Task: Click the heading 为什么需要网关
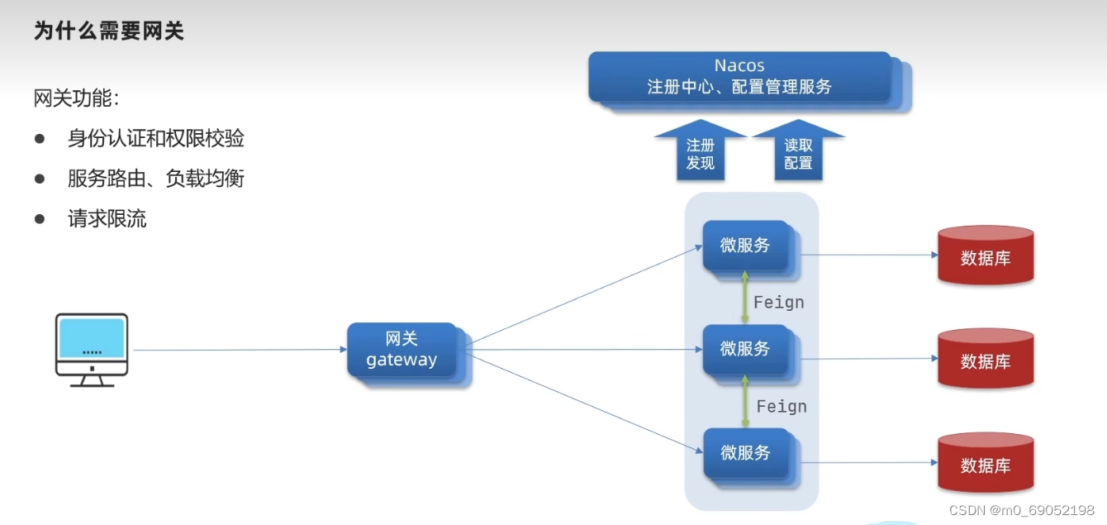108,31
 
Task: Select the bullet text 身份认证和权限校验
156,138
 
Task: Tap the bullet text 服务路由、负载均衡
156,179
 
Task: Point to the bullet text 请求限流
107,219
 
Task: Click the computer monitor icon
92,349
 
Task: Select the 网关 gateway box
402,350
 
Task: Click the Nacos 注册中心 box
740,76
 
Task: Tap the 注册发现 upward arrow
701,152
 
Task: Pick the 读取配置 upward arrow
798,152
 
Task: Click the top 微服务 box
745,246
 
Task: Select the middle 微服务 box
745,350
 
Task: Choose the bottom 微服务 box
745,453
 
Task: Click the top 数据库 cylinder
986,256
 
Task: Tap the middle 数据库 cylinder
986,360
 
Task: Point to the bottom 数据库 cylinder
986,464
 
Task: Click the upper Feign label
779,303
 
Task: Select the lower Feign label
782,407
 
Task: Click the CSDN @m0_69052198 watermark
1021,510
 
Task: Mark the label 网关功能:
77,98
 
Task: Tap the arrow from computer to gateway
240,350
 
